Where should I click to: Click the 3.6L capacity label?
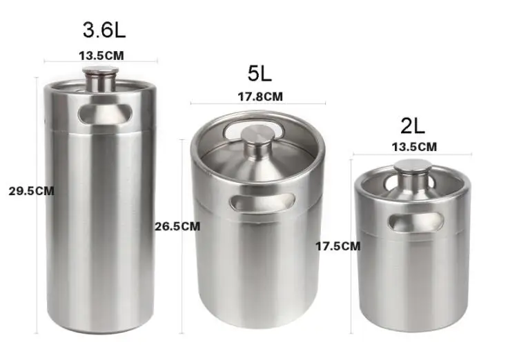coord(105,30)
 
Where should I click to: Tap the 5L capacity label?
coord(260,72)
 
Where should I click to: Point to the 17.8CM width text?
coord(260,97)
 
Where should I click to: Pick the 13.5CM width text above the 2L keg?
coord(414,146)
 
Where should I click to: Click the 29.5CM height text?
coord(31,191)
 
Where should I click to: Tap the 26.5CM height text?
coord(177,226)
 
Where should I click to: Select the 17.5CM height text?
coord(338,245)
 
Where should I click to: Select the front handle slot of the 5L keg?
coord(262,202)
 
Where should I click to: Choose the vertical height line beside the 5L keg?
coord(181,290)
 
